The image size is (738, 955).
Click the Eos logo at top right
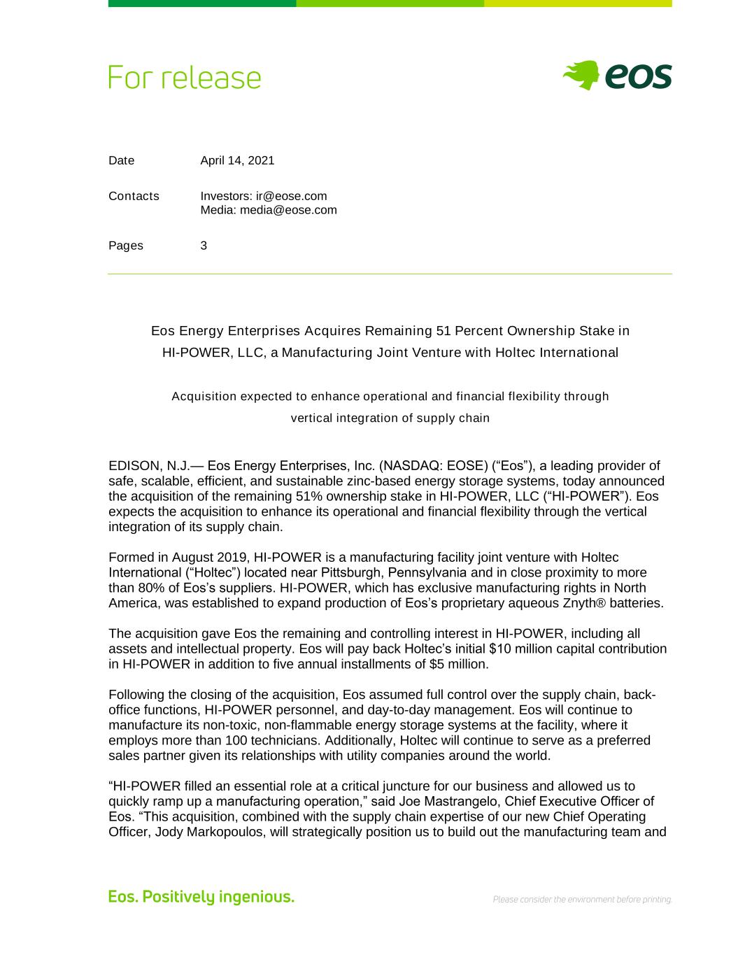[x=617, y=76]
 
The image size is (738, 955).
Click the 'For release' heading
[x=185, y=78]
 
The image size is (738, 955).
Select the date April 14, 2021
[x=237, y=160]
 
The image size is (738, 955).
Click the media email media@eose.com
[x=288, y=210]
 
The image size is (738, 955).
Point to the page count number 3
[x=204, y=246]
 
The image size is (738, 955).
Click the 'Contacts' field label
[x=134, y=196]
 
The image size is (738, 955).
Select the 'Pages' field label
[x=126, y=246]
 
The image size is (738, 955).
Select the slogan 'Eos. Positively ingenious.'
[x=201, y=897]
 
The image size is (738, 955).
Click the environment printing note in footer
[x=582, y=900]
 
